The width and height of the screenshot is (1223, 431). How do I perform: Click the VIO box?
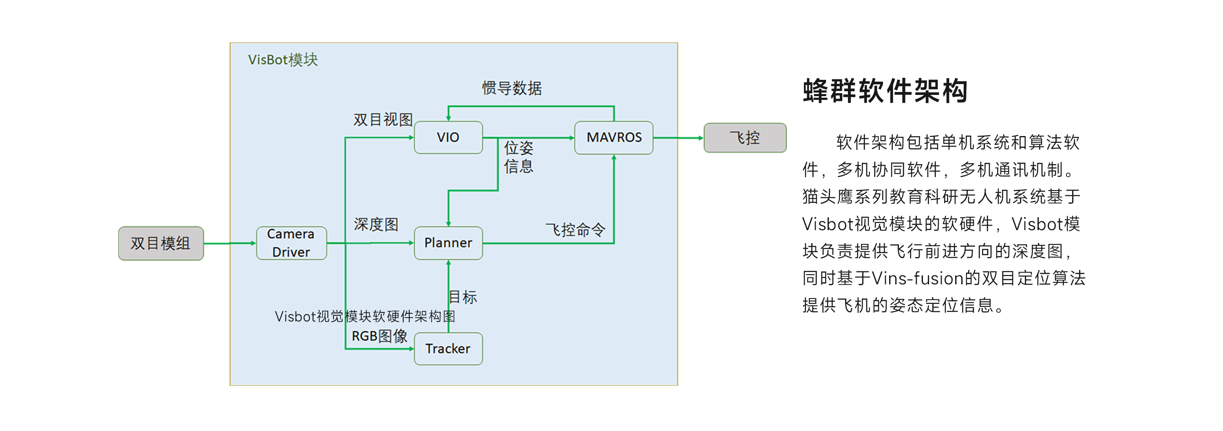[448, 138]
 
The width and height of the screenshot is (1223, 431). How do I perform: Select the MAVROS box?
[614, 138]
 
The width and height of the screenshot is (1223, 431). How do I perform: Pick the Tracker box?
[448, 349]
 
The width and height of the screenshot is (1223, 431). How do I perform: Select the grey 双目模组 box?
[161, 244]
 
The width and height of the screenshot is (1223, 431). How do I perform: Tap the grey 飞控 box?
[744, 138]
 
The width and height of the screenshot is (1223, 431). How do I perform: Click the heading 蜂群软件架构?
[885, 91]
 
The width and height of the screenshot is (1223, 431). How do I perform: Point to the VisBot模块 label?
[283, 60]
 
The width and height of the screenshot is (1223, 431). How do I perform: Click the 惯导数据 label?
[512, 88]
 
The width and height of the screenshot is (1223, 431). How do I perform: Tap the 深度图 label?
[375, 224]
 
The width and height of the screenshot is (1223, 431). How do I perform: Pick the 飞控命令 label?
[575, 230]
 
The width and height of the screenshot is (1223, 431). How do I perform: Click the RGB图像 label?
[380, 336]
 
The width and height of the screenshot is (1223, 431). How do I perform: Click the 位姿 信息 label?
[519, 157]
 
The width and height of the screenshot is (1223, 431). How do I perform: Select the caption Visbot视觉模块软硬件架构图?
[364, 317]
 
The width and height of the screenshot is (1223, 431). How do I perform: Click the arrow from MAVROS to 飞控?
[678, 138]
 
